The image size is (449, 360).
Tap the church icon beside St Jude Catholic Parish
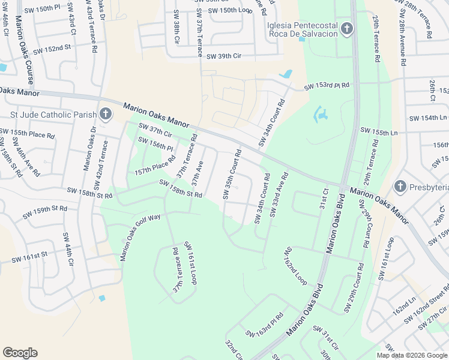[x=106, y=114]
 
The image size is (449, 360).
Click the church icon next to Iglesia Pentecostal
[x=346, y=29]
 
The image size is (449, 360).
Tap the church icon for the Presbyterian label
[x=400, y=187]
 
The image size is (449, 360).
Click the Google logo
[x=20, y=353]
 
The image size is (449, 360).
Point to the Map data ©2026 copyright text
[x=412, y=355]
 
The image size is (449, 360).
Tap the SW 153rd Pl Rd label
[x=326, y=87]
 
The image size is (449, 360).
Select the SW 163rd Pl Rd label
[x=264, y=325]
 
